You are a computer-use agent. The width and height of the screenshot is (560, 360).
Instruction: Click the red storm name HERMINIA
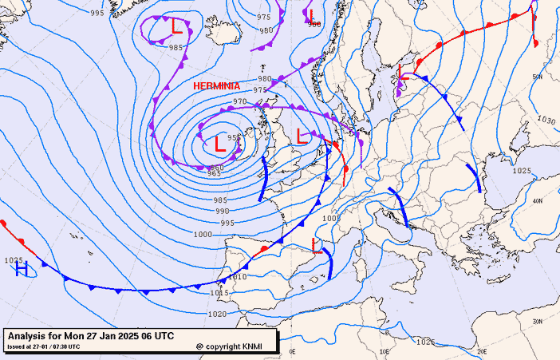tap(217, 85)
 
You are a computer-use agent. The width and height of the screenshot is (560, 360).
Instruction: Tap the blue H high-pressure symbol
tap(22, 269)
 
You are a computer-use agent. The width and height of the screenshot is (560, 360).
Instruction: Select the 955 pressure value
tap(235, 137)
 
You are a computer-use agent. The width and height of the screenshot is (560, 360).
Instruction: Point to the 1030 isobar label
tap(546, 121)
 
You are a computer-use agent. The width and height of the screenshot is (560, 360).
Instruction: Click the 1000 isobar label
tap(203, 234)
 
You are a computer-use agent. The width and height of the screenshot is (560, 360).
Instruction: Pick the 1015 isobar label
tap(220, 293)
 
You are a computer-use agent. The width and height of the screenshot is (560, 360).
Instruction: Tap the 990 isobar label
tap(223, 211)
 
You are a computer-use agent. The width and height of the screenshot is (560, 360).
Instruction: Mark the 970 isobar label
tap(240, 102)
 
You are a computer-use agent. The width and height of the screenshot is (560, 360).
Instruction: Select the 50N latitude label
tap(538, 77)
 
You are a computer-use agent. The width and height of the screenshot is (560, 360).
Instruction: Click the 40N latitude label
tap(538, 201)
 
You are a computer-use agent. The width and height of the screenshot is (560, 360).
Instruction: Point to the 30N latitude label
tap(538, 321)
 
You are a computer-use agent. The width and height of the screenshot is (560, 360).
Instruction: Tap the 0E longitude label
tap(292, 351)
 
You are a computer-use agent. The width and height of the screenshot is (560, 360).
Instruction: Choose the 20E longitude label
tap(481, 351)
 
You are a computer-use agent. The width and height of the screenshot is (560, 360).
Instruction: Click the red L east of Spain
tap(316, 244)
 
